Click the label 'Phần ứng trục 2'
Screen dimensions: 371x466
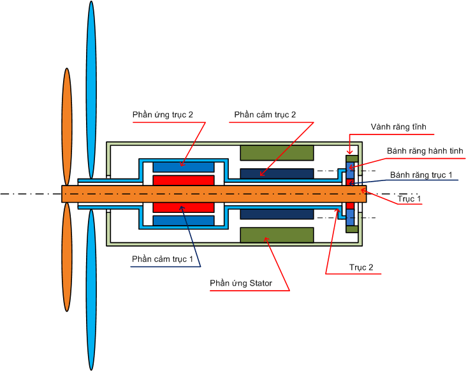(163, 115)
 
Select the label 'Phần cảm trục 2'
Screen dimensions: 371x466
(265, 115)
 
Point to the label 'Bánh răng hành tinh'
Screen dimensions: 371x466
(425, 151)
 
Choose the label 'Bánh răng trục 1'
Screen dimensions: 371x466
(421, 174)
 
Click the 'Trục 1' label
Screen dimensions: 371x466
(410, 199)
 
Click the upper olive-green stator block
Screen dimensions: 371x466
(277, 153)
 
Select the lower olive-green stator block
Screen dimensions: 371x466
(277, 235)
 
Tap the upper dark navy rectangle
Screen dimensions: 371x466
(277, 173)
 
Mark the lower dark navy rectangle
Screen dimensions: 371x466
(277, 214)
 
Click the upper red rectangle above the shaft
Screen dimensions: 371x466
(184, 180)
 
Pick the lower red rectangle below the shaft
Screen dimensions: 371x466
(184, 208)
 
